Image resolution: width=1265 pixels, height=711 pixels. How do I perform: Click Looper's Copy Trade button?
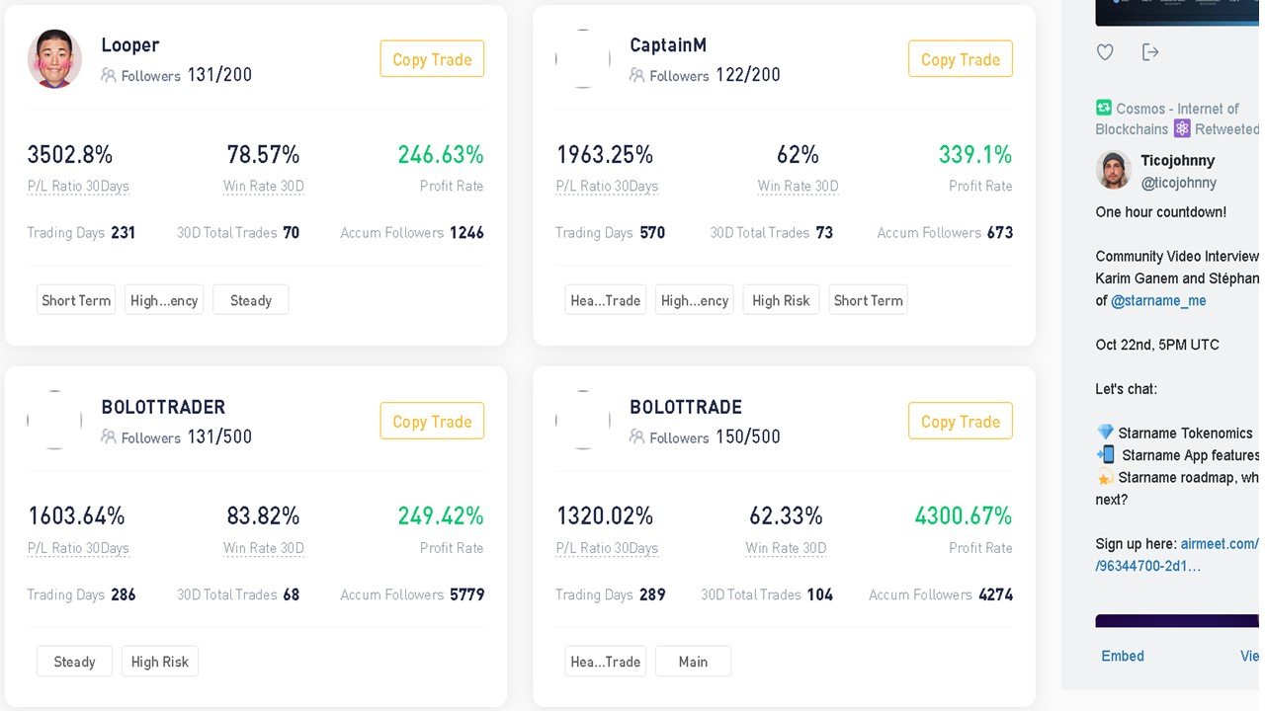(432, 58)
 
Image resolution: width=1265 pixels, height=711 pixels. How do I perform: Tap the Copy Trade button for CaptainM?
(960, 58)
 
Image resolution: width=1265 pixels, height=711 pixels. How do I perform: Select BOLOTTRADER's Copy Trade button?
(432, 421)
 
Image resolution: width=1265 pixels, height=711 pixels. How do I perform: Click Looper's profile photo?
(54, 58)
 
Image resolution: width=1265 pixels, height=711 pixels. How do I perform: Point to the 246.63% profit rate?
(441, 155)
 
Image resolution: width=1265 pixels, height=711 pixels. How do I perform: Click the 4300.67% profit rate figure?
(963, 515)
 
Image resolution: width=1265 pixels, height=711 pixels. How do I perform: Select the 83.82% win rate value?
(263, 515)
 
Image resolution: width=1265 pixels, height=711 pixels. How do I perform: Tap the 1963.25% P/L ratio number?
(605, 155)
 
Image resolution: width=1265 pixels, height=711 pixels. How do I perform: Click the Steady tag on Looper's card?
(251, 300)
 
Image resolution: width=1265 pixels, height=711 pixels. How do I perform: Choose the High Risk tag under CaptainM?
(781, 300)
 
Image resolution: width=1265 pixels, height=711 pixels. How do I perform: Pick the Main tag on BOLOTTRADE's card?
(693, 662)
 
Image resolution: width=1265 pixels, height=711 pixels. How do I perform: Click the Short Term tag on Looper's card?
(76, 300)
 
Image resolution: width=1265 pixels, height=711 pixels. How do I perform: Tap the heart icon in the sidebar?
(1105, 52)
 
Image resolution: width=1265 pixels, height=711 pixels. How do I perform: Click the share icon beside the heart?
(1149, 52)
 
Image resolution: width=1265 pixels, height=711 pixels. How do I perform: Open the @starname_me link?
(1158, 301)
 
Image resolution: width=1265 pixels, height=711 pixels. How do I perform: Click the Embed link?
(1123, 656)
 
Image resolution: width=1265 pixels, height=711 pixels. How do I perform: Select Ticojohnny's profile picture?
(1114, 170)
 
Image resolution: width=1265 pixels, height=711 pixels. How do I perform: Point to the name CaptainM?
(668, 44)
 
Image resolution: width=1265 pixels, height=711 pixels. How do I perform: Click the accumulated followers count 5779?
(467, 594)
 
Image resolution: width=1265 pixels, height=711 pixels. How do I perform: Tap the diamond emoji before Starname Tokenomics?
(1105, 433)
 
